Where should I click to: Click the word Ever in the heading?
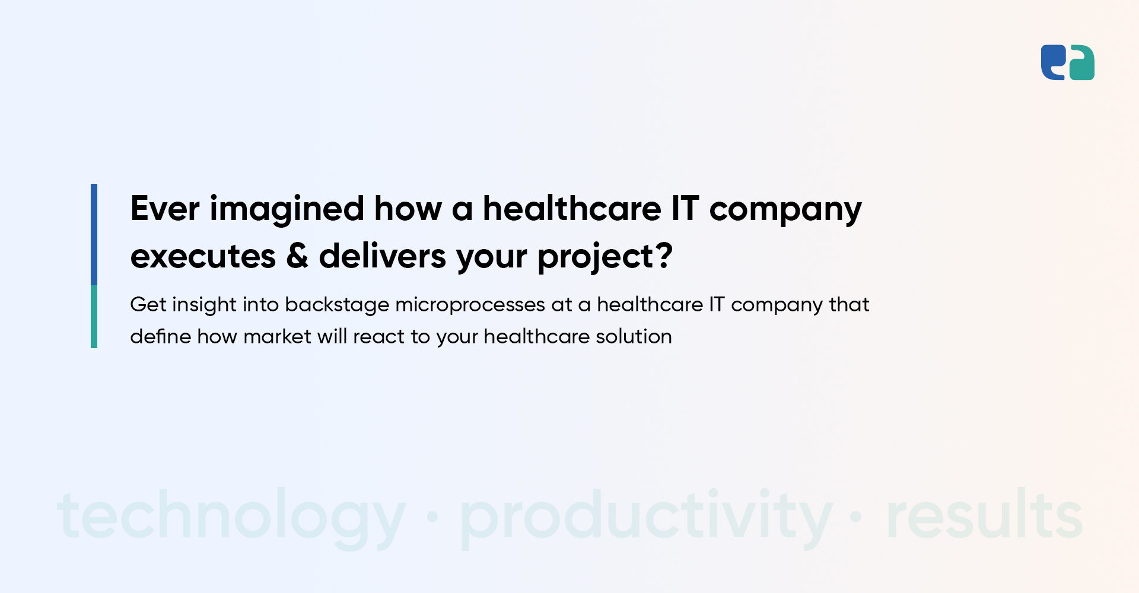[x=165, y=209]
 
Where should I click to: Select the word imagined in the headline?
[x=287, y=211]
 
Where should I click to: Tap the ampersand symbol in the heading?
[x=297, y=256]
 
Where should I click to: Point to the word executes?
[x=203, y=257]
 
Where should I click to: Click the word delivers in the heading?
[x=383, y=256]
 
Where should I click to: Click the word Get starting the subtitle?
[x=148, y=305]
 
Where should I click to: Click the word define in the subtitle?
[x=160, y=336]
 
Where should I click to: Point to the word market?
[x=277, y=336]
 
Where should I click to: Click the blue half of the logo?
[x=1052, y=62]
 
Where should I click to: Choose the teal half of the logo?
[x=1082, y=63]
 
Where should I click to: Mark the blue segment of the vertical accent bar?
[x=94, y=234]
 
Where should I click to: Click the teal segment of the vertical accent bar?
[x=94, y=317]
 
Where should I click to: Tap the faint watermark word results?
[x=985, y=514]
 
